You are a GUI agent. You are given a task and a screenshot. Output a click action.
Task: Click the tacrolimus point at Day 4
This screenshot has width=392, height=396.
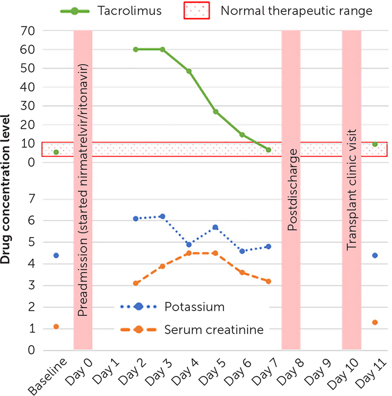[189, 71]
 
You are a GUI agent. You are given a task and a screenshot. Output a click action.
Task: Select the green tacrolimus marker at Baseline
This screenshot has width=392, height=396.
[56, 152]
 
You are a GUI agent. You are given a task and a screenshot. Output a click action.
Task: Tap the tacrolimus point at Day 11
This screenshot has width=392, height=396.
[375, 144]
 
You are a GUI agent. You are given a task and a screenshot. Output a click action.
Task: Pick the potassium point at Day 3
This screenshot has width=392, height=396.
[162, 216]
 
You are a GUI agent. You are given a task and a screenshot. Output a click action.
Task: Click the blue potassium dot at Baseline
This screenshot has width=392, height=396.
[56, 255]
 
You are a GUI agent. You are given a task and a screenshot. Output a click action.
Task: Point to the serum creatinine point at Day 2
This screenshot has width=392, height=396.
[136, 283]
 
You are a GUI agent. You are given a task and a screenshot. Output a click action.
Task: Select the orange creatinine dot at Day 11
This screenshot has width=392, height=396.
[375, 322]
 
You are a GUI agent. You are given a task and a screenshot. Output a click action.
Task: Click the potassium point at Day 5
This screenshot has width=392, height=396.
[215, 227]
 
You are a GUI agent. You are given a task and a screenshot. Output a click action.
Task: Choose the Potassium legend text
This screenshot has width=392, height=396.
[194, 307]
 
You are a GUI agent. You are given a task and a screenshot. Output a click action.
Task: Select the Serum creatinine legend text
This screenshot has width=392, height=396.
[214, 329]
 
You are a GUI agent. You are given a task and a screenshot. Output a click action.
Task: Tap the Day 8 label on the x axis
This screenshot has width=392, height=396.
[290, 370]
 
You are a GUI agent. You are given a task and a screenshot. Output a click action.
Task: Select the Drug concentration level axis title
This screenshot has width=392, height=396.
[6, 188]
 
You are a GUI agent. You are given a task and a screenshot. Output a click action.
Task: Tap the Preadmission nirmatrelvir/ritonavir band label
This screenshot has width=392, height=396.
[83, 188]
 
